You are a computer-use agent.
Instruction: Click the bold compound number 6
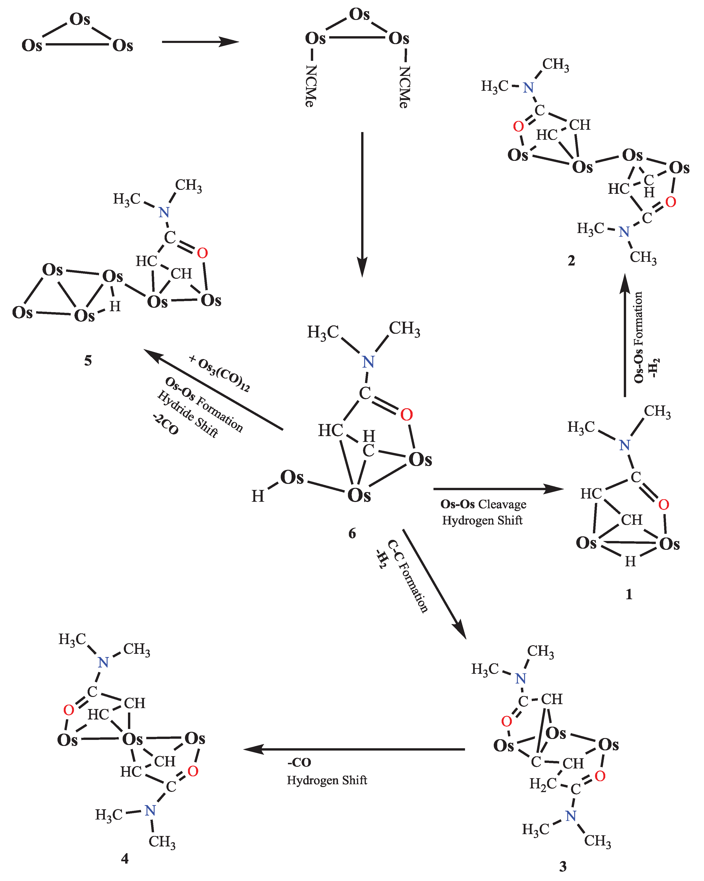point(352,533)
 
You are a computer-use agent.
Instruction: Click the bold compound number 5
point(88,360)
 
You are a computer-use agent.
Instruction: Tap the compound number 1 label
point(629,594)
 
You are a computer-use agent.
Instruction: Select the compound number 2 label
point(571,260)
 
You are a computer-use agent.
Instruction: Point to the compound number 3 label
point(563,866)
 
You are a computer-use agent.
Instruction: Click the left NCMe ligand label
point(311,86)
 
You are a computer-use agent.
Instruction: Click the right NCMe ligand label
point(405,87)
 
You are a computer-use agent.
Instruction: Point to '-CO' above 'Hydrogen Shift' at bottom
point(299,762)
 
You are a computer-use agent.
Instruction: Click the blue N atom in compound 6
point(368,362)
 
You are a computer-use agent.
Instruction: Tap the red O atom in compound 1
point(664,505)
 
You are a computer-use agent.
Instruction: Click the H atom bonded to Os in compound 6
point(258,496)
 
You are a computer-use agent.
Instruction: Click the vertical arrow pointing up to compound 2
point(625,335)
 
